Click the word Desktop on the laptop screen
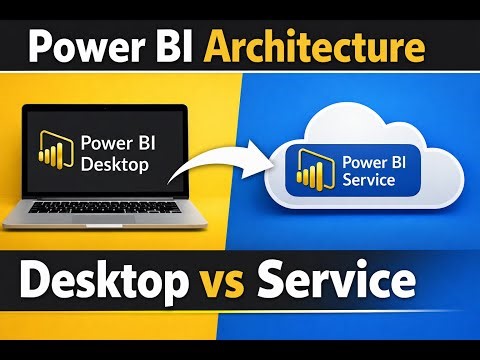(118, 161)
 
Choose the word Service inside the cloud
(370, 181)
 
